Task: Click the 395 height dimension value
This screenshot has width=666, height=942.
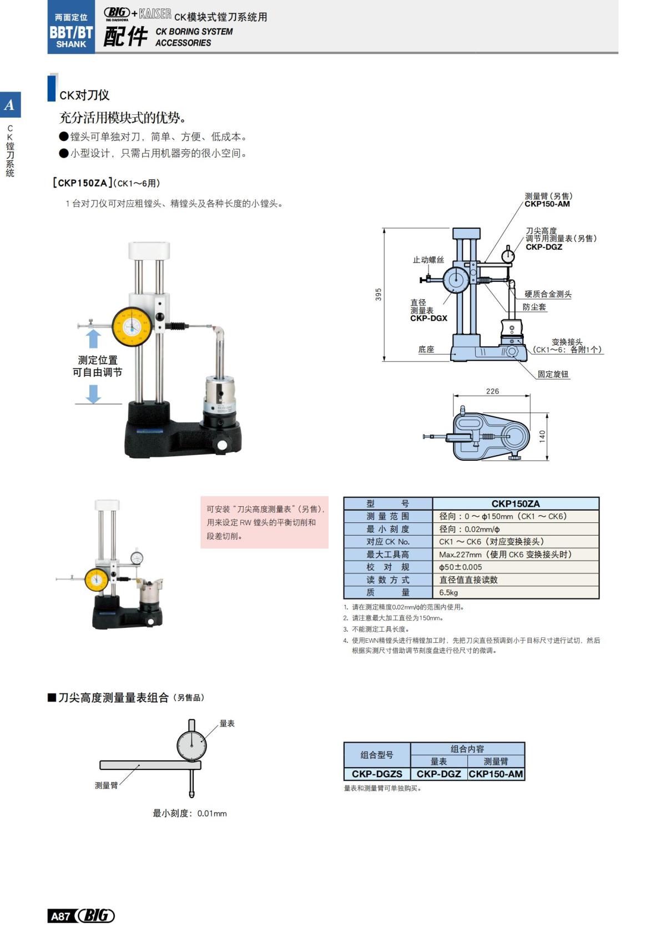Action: (379, 294)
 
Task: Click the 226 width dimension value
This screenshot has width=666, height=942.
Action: (492, 391)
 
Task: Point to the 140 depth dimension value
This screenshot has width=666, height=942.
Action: (542, 436)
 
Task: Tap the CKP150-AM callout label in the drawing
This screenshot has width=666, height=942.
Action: (547, 204)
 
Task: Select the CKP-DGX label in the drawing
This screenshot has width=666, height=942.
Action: (428, 319)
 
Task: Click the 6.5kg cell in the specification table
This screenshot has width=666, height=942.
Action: (448, 592)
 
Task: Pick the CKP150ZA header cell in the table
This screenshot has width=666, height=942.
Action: (515, 503)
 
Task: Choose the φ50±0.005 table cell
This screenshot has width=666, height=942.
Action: (460, 567)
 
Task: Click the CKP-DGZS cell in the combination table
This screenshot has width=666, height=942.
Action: (377, 774)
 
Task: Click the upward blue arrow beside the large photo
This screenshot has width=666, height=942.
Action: (93, 339)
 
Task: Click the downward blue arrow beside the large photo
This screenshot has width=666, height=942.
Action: (93, 394)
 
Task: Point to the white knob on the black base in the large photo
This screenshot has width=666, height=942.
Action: (222, 445)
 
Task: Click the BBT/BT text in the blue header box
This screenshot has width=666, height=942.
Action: (71, 32)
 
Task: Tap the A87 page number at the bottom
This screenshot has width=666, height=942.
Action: (60, 916)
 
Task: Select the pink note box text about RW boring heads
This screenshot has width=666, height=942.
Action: (264, 522)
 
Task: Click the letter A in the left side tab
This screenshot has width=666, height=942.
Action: (9, 105)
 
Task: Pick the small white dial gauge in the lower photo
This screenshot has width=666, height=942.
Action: (137, 557)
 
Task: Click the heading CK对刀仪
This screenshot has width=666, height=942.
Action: (84, 95)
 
